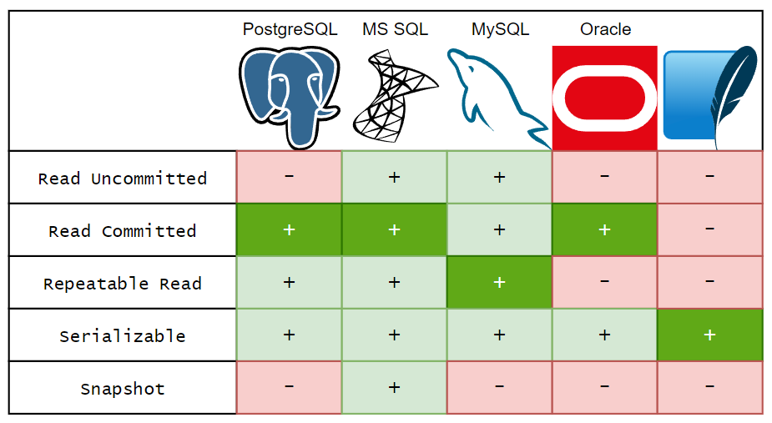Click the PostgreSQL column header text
point(290,29)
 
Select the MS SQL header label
point(395,29)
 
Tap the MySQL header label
point(500,29)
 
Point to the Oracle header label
point(605,29)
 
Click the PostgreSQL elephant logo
point(289,97)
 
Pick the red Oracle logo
point(605,98)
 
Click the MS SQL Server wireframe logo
point(395,93)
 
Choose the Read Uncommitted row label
point(123,179)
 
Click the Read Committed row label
point(123,231)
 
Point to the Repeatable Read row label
point(123,284)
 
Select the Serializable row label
point(123,336)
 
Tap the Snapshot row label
point(123,389)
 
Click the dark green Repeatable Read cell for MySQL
point(499,283)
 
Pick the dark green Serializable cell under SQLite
point(709,335)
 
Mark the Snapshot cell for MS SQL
point(395,388)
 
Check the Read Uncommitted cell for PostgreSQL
point(289,178)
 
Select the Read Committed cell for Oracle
point(605,230)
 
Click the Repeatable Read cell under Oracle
point(605,283)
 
